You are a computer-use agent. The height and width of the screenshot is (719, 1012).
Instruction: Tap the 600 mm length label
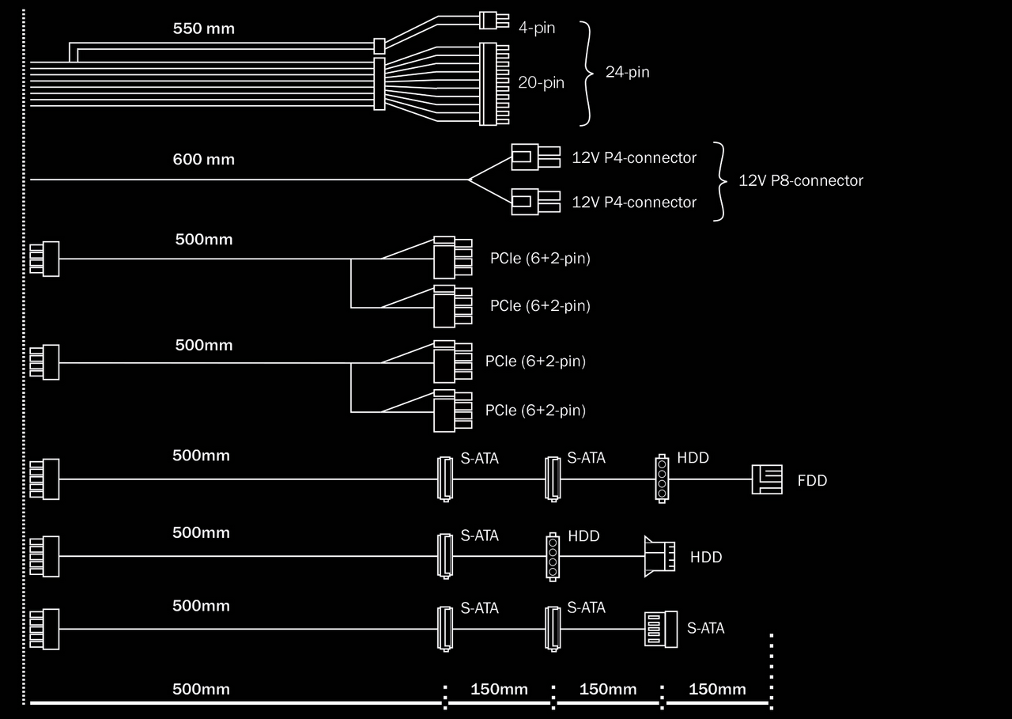coord(203,160)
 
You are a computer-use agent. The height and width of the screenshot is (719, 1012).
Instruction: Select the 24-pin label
coord(627,73)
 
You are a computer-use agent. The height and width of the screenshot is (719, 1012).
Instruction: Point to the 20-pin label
coord(541,82)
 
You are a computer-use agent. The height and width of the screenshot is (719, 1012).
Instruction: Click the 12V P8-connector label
coord(800,180)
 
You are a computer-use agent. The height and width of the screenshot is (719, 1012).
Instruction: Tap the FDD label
coord(812,481)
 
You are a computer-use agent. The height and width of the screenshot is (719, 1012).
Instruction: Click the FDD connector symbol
coord(766,479)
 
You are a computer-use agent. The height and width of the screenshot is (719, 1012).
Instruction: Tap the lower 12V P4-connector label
coord(634,202)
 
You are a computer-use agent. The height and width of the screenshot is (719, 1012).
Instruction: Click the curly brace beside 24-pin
coord(587,74)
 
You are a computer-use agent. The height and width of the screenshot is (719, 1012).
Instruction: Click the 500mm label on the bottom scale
coord(201,690)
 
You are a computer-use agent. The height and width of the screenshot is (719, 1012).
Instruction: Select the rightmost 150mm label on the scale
coord(716,690)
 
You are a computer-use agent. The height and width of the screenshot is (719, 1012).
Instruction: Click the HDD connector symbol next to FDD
coord(662,478)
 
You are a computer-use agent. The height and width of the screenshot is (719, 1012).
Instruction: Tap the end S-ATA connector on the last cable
coord(661,630)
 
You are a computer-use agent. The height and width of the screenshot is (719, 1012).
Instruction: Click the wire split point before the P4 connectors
coord(469,180)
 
